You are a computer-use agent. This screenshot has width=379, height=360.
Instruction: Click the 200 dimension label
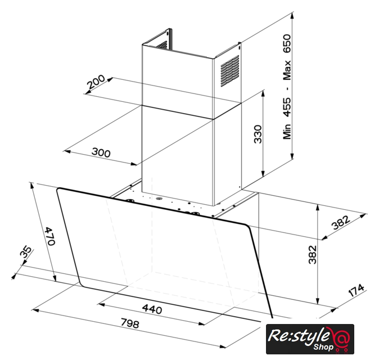pos(96,82)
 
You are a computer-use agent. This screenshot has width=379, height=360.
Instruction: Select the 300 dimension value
pos(101,152)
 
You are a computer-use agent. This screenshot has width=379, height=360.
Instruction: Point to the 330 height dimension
pos(258,134)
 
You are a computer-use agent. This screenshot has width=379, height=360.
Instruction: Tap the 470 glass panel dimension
pos(51,236)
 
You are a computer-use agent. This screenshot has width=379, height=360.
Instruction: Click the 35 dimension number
pos(26,252)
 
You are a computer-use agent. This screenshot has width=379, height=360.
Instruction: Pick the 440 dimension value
pos(152,309)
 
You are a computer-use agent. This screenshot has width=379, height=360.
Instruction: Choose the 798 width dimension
pos(130,323)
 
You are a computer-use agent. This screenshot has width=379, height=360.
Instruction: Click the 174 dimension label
pos(356,290)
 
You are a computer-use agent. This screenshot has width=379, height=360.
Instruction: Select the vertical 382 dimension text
pos(313,254)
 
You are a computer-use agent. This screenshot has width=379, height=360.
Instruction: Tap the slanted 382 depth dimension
pos(341,222)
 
